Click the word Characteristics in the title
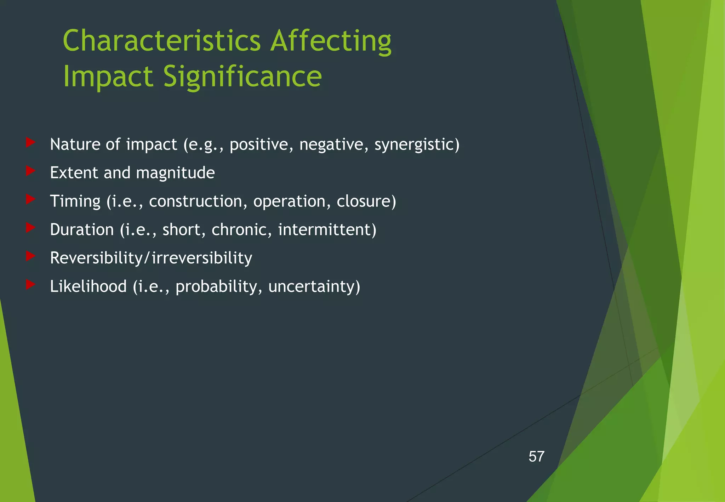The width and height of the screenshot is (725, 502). point(162,41)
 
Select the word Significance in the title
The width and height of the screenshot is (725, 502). point(242,77)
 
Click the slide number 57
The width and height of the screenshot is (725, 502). point(536,457)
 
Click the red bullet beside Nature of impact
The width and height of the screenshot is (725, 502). point(30,143)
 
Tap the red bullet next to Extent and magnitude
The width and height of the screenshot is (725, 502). point(30,171)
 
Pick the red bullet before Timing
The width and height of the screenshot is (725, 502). point(30,199)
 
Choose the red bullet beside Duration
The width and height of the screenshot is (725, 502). point(30,228)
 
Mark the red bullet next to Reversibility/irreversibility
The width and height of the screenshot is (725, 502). point(30,256)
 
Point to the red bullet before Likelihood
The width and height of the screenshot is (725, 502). point(30,284)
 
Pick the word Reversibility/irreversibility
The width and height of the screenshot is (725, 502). point(151,258)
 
